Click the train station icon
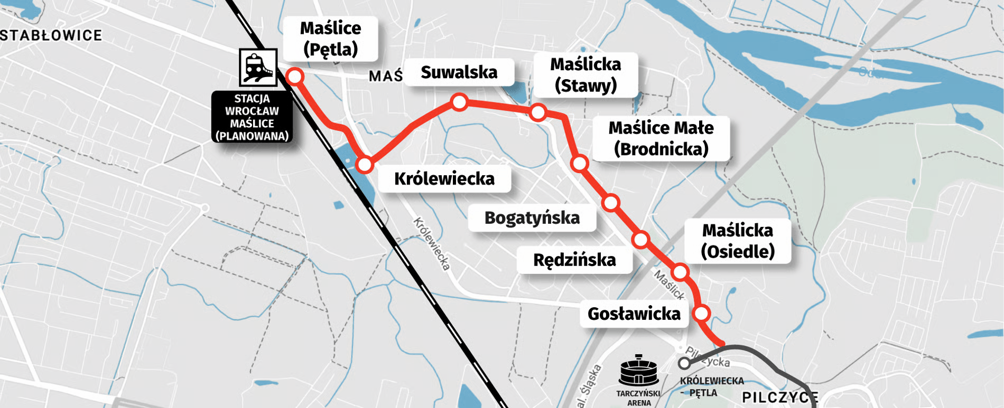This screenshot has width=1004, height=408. tap(258, 68)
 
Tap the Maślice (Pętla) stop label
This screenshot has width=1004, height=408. tap(330, 39)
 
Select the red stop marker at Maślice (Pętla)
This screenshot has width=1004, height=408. tap(295, 77)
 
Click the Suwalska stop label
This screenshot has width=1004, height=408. tap(459, 72)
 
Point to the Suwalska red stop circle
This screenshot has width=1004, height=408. tap(459, 102)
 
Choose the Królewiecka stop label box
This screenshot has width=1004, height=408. tap(444, 179)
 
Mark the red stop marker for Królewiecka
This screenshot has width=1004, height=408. tap(365, 165)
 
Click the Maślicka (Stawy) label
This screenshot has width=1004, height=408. tap(585, 74)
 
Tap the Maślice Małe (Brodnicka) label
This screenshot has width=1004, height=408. tap(661, 138)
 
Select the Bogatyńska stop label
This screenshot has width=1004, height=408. tap(532, 217)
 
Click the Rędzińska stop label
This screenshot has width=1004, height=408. tap(574, 260)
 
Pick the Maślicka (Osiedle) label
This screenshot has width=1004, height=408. tap(737, 241)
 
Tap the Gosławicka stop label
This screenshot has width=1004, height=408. tap(634, 314)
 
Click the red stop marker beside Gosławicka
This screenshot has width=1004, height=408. tap(701, 314)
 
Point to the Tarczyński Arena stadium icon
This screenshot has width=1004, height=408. tap(638, 371)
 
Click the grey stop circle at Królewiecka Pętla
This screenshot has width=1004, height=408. tap(684, 363)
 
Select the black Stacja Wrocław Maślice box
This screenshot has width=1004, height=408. tap(252, 117)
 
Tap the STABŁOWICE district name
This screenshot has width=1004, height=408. tap(51, 35)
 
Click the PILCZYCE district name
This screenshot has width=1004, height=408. tap(780, 397)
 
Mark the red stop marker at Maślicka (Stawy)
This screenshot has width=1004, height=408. tap(538, 112)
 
